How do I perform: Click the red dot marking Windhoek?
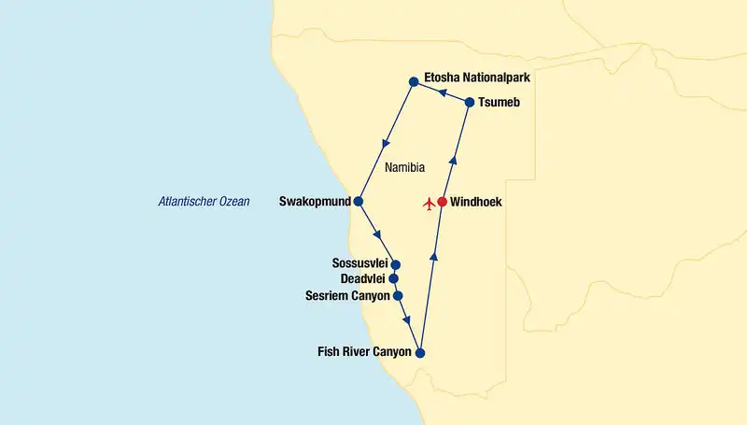coord(442,202)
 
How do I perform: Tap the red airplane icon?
coord(429,202)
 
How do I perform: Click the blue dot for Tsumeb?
coord(470,102)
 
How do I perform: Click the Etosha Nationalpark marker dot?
coord(413,81)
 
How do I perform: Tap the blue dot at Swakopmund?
coord(358,202)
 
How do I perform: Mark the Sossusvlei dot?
coord(396,264)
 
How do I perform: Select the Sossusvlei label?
coord(359,263)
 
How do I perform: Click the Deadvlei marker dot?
coord(393,278)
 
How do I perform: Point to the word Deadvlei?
coord(362,279)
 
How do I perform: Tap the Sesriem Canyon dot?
coord(399,296)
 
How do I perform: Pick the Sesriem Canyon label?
coord(347,296)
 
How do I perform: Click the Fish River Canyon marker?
coord(420,353)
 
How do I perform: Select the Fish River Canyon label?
coord(365,353)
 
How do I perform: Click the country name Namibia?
coord(404,168)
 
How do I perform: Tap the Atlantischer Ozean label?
coord(204,201)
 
